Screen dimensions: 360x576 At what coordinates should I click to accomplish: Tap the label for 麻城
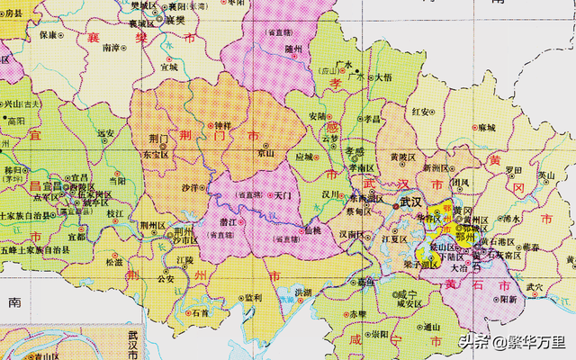point(487,128)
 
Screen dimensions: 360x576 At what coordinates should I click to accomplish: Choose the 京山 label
point(265,154)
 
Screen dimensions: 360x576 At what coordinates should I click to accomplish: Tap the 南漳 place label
point(112,48)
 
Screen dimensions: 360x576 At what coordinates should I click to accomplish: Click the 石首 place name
point(200,313)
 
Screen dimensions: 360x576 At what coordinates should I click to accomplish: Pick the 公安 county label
point(166,279)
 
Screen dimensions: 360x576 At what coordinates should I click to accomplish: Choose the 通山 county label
point(432,327)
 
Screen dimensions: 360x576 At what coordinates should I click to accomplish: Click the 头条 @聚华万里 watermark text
point(509,342)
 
